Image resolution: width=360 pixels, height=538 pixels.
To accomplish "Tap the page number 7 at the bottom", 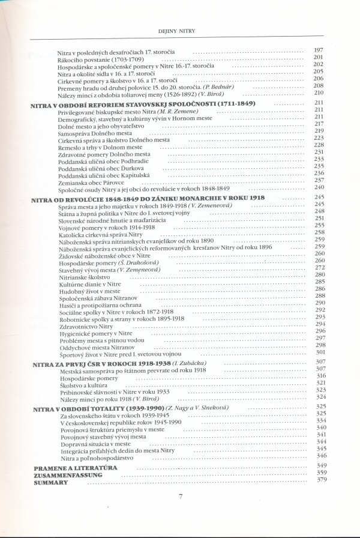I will point(181,495).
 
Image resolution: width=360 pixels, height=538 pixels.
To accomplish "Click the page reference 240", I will point(319,187).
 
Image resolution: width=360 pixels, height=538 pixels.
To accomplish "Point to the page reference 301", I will point(320,352).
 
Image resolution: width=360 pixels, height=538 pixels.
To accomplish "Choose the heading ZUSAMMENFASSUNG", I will point(68,474).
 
